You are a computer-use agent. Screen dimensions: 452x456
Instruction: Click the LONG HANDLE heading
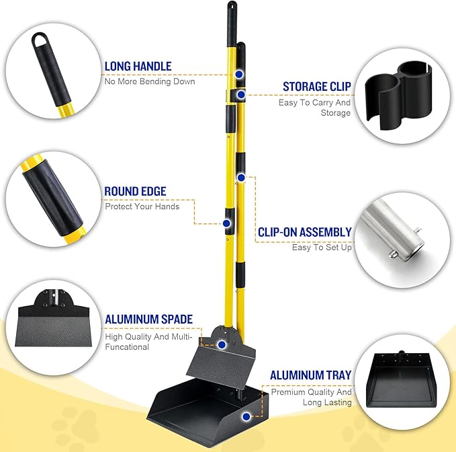click(x=138, y=67)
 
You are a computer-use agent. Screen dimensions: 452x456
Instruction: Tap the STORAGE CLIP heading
click(x=316, y=87)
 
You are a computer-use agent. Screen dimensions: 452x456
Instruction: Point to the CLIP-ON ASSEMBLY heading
click(x=304, y=232)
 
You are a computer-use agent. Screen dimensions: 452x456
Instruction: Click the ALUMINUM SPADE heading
click(x=148, y=319)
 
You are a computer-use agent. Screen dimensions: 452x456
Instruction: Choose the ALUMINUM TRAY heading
click(x=310, y=375)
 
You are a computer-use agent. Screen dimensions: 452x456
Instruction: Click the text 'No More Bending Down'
click(x=149, y=81)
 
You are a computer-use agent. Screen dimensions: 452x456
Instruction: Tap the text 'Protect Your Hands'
click(x=142, y=206)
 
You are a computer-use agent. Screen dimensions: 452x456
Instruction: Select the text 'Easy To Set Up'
click(x=322, y=247)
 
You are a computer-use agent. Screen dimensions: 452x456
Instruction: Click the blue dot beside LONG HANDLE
click(x=238, y=74)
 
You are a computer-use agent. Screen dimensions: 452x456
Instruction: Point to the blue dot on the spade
click(x=220, y=343)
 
